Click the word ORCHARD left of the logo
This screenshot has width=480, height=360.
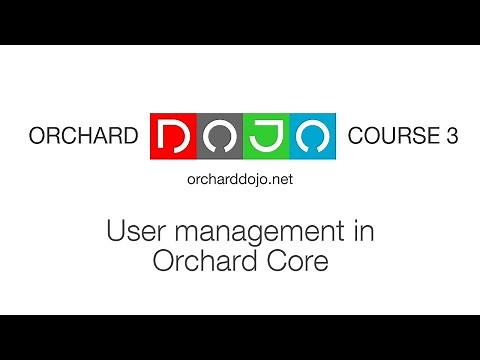pos(83,137)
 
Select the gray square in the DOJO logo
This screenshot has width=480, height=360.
pos(219,136)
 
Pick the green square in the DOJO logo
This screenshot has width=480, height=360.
pos(265,136)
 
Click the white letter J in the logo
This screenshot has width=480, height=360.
pos(265,136)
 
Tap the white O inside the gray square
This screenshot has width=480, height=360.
pos(219,136)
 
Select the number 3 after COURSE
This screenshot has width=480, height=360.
pos(451,137)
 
